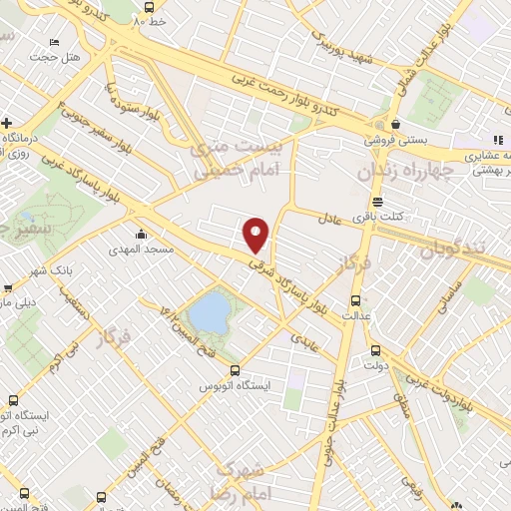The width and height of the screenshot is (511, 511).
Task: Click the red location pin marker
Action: [256, 234]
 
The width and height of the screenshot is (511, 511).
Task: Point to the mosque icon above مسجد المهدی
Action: [140, 235]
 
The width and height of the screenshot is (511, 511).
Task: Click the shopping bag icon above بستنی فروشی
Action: [396, 125]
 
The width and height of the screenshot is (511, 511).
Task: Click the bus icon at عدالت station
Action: [356, 299]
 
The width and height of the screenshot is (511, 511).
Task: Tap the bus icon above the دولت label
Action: [375, 350]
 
